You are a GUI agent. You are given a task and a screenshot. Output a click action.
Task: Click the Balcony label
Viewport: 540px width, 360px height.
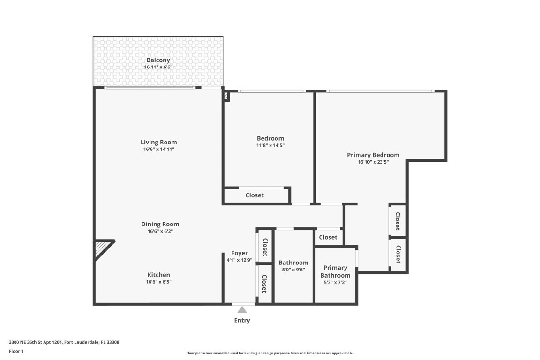(x=158, y=60)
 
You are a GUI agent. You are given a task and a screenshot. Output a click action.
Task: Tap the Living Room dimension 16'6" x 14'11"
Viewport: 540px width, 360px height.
(x=159, y=150)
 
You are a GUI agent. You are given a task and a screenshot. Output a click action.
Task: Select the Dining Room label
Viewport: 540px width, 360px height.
(x=160, y=224)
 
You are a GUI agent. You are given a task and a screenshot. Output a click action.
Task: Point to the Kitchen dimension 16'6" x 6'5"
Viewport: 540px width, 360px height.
(x=158, y=282)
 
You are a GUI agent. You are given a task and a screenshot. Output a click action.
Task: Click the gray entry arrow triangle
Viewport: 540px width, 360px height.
(x=242, y=310)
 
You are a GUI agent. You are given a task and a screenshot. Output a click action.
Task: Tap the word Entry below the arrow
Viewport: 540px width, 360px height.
(x=242, y=321)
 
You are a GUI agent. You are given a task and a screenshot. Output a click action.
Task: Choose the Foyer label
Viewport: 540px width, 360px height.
(x=239, y=253)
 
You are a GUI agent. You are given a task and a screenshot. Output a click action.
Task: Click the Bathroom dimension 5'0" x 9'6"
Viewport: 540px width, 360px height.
(x=293, y=270)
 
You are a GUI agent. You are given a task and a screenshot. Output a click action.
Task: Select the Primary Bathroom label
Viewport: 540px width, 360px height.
(x=335, y=271)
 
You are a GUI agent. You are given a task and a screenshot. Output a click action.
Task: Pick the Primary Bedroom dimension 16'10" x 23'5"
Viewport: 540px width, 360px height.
(x=373, y=162)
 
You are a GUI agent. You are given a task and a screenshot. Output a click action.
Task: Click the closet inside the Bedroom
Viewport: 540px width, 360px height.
(x=255, y=195)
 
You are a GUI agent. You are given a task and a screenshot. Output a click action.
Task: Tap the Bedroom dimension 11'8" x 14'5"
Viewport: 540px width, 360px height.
(x=270, y=145)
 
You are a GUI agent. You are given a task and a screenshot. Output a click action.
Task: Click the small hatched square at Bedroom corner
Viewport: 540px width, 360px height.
(x=226, y=96)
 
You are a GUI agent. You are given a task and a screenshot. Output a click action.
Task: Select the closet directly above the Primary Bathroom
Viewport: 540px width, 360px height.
(x=328, y=237)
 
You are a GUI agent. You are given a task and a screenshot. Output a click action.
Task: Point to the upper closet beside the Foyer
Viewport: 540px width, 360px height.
(x=265, y=247)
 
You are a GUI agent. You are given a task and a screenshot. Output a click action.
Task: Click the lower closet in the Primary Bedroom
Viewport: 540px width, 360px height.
(x=398, y=255)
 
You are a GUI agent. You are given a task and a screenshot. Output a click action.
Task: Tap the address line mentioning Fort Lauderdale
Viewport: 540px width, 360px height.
(x=64, y=342)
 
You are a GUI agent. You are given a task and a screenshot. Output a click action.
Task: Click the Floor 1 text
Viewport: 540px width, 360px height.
(x=16, y=351)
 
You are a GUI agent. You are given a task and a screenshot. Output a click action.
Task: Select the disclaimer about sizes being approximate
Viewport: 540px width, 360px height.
(x=270, y=353)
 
